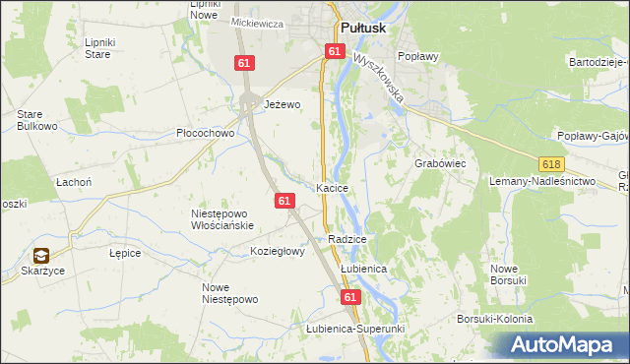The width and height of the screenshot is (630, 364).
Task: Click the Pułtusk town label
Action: click(x=366, y=29)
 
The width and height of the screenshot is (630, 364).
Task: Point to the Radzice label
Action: click(x=347, y=239)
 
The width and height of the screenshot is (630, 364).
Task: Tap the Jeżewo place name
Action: click(x=281, y=103)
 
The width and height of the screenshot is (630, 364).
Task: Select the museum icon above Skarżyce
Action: click(x=42, y=255)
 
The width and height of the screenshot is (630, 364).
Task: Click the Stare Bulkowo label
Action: click(x=36, y=120)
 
